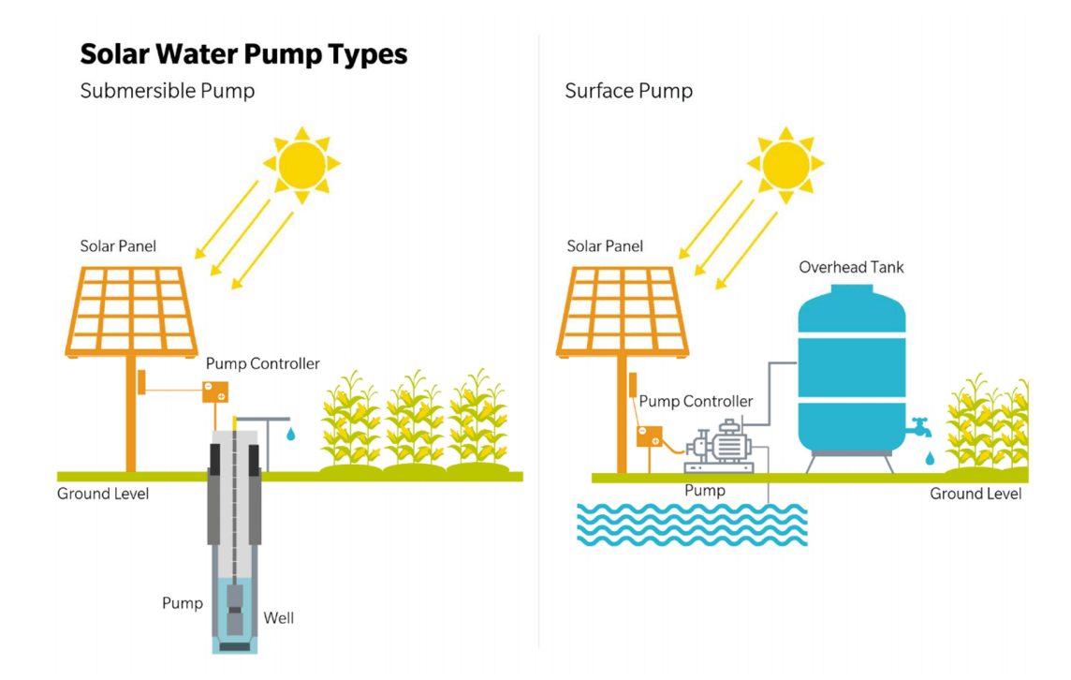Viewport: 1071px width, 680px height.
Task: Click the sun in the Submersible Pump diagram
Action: point(301,165)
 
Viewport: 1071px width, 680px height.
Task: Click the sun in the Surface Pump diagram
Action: point(785,165)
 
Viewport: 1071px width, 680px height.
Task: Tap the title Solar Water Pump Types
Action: point(243,54)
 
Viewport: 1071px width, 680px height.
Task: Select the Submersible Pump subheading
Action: point(168,91)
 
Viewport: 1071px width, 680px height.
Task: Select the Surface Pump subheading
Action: point(628,91)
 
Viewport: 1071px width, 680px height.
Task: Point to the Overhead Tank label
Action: point(851,268)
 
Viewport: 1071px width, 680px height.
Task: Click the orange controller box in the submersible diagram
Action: point(215,392)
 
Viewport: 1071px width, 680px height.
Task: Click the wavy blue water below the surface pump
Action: point(691,525)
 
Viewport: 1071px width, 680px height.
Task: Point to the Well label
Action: point(278,618)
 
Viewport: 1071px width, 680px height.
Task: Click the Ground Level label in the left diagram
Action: point(103,494)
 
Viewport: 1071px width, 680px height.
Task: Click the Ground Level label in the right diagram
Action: point(976,494)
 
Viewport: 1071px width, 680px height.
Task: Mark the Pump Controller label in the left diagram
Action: point(262,363)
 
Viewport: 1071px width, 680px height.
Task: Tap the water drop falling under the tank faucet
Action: point(929,458)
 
